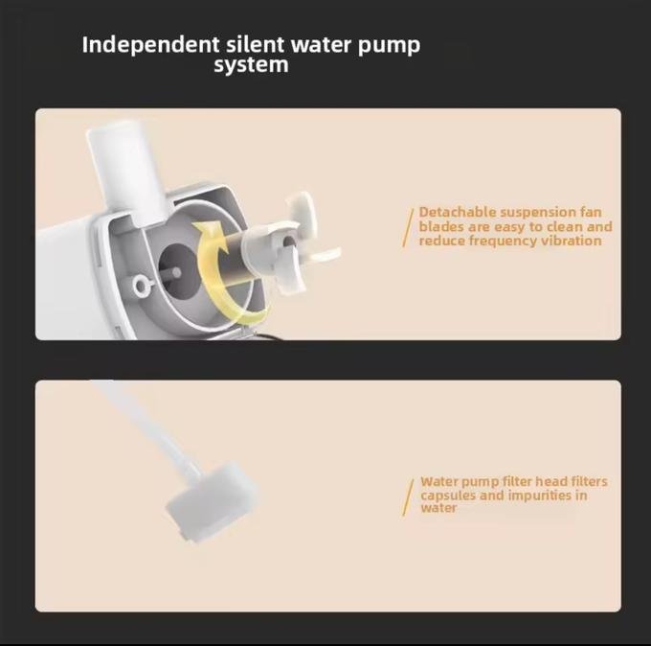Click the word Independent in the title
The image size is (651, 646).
click(x=150, y=45)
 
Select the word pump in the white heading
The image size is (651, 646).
click(x=389, y=46)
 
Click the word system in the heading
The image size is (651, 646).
click(x=251, y=65)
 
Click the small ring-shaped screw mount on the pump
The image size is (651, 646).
click(x=142, y=286)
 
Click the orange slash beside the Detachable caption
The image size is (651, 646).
click(x=408, y=228)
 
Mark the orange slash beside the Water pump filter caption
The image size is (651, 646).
click(x=408, y=497)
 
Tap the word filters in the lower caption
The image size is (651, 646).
click(x=589, y=481)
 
